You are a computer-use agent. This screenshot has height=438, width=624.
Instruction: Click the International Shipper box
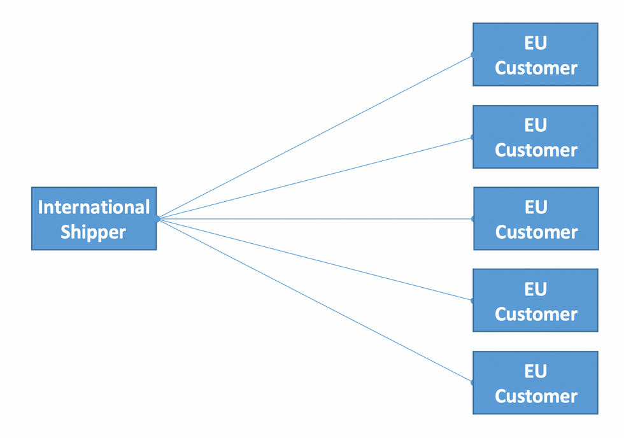pos(94,218)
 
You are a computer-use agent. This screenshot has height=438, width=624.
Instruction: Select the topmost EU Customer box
pos(535,55)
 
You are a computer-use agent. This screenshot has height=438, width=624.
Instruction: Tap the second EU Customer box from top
pos(535,137)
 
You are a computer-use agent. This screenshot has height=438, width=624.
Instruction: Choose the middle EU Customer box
pos(536,218)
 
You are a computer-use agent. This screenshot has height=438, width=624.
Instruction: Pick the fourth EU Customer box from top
pos(535,300)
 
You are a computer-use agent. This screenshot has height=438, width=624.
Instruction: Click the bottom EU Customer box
pos(535,383)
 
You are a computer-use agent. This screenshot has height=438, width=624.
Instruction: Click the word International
pos(94,207)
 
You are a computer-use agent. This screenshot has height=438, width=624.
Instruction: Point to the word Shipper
pos(93,232)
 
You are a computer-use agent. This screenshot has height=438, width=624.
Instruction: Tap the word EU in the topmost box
pos(535,43)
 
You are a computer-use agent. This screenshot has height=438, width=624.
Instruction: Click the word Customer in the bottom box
pos(536,396)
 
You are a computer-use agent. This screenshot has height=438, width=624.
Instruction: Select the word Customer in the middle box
pos(536,232)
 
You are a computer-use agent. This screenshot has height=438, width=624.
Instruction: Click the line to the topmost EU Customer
pos(315,137)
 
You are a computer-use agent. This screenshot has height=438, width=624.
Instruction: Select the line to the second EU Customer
pos(315,178)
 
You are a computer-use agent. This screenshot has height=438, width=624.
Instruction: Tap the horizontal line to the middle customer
pos(316,219)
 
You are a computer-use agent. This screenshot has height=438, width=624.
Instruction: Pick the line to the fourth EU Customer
pos(315,259)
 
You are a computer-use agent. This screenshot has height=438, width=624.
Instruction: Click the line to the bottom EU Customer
pos(315,300)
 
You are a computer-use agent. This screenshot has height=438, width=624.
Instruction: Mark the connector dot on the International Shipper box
pos(158,219)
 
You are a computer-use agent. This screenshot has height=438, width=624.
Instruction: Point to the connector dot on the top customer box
pos(472,55)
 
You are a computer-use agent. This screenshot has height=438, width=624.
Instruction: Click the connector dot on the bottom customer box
pos(472,383)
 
